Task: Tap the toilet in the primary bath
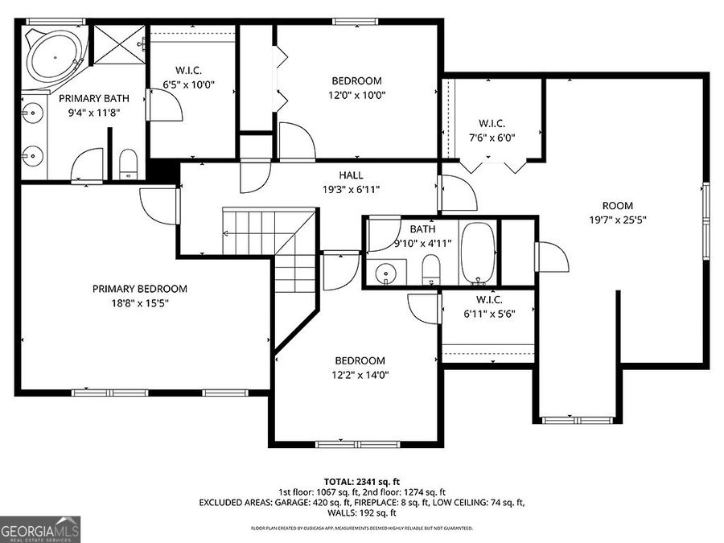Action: [129, 165]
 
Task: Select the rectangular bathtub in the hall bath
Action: [479, 253]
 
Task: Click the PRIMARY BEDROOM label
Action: [139, 289]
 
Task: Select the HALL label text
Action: [351, 175]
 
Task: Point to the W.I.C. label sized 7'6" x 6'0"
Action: [492, 123]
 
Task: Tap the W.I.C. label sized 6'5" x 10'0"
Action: [188, 68]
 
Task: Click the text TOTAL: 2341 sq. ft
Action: [362, 480]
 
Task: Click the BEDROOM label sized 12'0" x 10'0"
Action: [356, 80]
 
